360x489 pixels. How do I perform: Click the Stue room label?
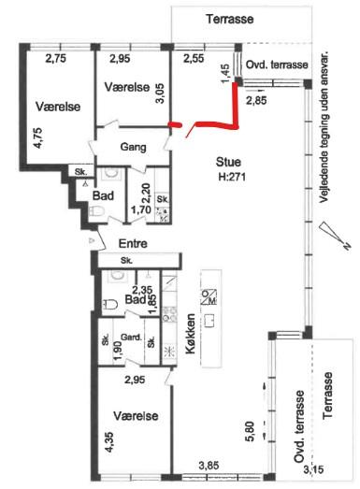click(228, 162)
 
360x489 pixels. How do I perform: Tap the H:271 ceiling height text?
click(232, 177)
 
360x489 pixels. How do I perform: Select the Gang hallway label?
click(133, 147)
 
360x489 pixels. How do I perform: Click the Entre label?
click(133, 243)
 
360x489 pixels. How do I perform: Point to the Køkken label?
click(191, 334)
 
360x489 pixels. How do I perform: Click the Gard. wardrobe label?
click(131, 338)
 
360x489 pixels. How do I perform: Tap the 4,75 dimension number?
click(38, 137)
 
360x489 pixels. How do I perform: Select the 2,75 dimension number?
click(56, 59)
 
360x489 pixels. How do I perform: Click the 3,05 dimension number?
click(160, 93)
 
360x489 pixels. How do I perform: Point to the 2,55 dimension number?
click(194, 59)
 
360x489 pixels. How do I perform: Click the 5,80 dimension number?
click(251, 431)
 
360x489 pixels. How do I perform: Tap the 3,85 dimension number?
click(209, 466)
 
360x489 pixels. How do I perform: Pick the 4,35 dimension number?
click(109, 442)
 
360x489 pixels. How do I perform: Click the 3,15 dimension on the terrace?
click(314, 468)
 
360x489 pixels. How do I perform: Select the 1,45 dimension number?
click(225, 74)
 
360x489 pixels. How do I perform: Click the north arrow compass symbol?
click(335, 235)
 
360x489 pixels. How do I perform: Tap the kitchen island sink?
click(210, 321)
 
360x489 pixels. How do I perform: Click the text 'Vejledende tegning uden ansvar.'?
click(324, 127)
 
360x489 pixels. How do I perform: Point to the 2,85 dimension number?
click(256, 100)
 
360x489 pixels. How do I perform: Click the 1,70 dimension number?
click(141, 209)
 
